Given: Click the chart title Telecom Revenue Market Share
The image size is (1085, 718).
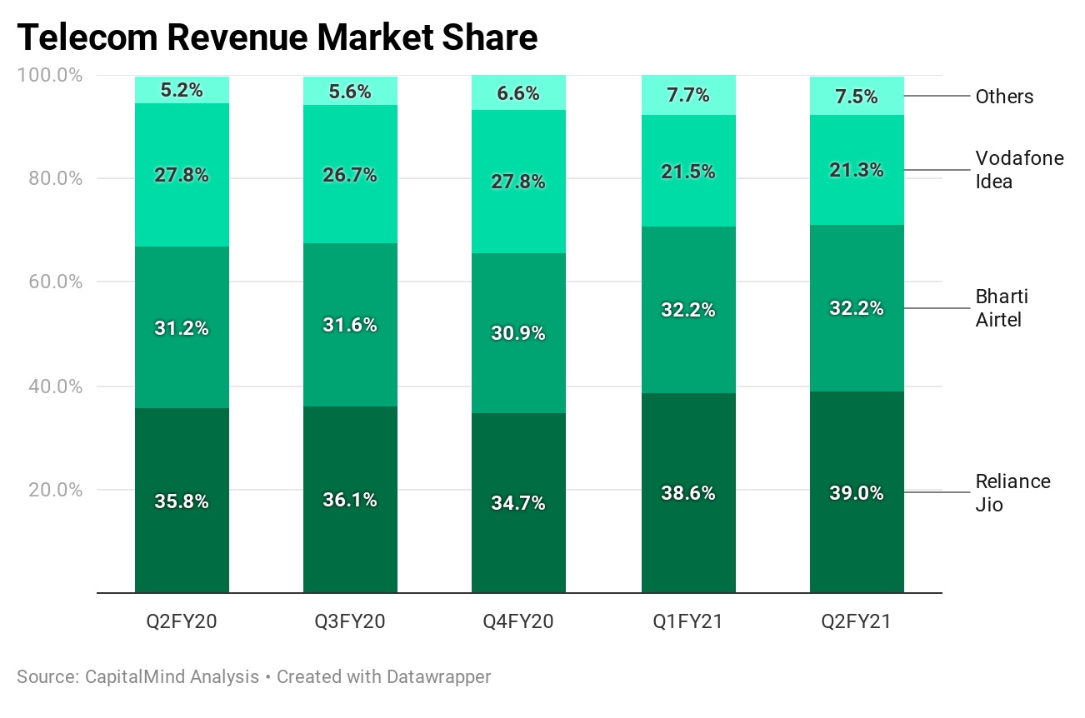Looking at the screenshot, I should pos(277,38).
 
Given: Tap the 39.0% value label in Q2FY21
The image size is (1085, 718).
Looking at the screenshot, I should pos(857,493).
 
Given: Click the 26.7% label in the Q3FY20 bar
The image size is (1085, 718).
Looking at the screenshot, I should pos(350,175).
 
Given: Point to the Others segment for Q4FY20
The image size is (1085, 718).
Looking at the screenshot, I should pos(518,92).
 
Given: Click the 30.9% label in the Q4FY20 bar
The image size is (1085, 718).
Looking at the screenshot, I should pos(518,333).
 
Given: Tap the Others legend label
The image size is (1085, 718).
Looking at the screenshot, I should pos(1004,97).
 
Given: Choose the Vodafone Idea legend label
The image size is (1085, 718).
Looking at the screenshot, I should pos(1019,169).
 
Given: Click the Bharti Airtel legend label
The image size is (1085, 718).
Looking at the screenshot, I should pos(1002,308).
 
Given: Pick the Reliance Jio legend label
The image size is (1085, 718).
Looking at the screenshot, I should pos(1012,492).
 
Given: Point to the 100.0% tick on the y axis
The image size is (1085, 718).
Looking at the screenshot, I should pos(50,76).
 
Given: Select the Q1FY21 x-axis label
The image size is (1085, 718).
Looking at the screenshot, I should pos(688,621).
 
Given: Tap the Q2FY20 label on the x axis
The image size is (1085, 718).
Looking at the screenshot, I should pos(182,621).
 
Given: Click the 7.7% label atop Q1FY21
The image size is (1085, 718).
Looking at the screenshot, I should pos(688,95).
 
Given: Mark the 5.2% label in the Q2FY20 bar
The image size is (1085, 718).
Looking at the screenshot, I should pos(182,90).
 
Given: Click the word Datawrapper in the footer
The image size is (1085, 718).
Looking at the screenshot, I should pos(438,676).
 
